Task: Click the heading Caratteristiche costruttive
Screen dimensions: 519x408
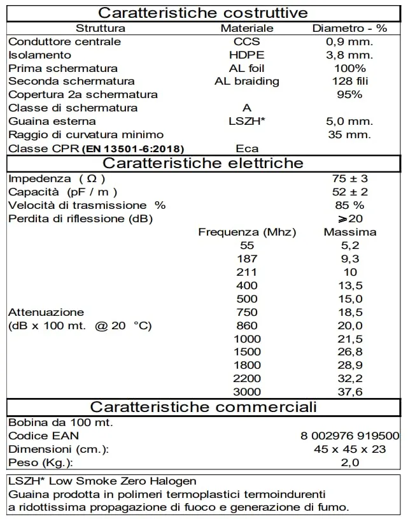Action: (x=204, y=13)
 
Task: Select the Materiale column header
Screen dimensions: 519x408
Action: (x=247, y=28)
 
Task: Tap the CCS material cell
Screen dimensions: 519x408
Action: (x=247, y=41)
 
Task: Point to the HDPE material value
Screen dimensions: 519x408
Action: (x=247, y=55)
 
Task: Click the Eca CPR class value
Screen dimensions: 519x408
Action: (x=247, y=148)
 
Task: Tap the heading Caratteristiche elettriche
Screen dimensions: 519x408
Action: (x=204, y=163)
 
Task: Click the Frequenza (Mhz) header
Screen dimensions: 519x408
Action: (x=247, y=232)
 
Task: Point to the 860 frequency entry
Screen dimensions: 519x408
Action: (x=247, y=325)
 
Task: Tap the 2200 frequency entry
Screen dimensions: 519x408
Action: (x=247, y=378)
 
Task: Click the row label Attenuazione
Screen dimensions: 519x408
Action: (x=46, y=312)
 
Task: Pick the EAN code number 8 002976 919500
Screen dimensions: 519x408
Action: (x=350, y=436)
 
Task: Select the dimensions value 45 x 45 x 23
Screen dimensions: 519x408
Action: (x=350, y=449)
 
